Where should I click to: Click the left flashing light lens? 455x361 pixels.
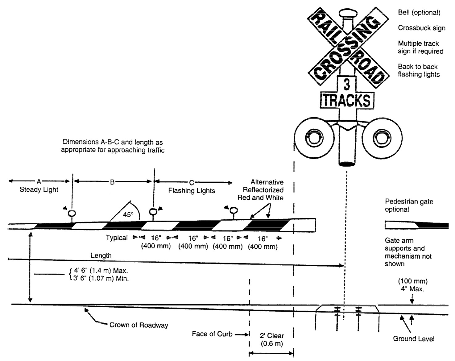[314, 137]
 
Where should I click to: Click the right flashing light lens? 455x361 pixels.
[382, 137]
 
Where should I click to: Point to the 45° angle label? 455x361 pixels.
[128, 214]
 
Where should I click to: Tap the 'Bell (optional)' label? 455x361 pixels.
[419, 12]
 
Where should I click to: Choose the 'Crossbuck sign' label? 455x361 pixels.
[421, 28]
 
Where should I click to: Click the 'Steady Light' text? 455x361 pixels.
[39, 189]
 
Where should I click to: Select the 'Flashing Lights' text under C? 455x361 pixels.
[192, 191]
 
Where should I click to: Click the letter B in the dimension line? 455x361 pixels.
[112, 182]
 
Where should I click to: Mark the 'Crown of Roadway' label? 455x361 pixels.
[139, 325]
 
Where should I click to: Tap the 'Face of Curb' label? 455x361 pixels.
[212, 334]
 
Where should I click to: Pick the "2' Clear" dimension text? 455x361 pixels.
[272, 336]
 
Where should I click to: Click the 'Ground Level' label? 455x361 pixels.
[413, 339]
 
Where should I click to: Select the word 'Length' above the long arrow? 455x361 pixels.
[101, 255]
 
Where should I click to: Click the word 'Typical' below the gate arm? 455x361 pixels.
[117, 238]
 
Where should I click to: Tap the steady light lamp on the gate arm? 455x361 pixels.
[72, 213]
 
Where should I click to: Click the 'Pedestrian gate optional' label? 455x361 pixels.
[409, 205]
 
